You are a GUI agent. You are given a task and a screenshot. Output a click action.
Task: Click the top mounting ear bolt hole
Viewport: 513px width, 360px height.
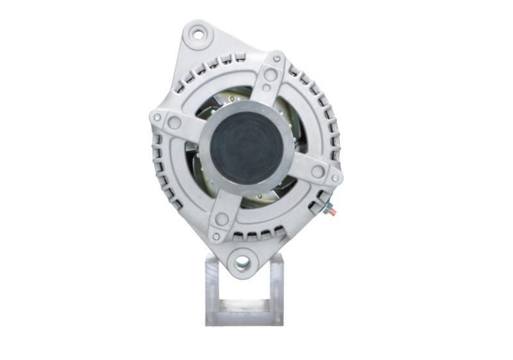tap(199, 34)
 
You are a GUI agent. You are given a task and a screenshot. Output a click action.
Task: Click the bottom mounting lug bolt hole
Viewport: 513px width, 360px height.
tap(242, 262)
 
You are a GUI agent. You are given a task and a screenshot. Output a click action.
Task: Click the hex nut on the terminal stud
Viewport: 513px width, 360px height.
tap(328, 207)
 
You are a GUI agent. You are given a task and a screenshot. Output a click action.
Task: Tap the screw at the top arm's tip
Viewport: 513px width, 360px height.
tap(276, 59)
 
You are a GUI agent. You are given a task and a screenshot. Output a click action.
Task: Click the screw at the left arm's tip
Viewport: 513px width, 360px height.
tap(156, 117)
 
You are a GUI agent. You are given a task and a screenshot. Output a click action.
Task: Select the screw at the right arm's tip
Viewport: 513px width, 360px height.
tap(334, 178)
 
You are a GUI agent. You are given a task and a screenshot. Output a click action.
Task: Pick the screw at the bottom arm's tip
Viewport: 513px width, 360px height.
tap(216, 236)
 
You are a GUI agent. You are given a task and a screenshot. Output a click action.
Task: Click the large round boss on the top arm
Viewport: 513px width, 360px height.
tap(271, 75)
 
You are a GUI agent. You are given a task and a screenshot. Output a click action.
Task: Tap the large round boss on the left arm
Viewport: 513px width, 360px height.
tap(174, 123)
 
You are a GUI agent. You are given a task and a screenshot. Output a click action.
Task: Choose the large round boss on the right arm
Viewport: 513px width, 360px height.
tap(317, 171)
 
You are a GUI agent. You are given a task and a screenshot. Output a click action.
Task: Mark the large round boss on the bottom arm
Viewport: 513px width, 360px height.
tap(222, 219)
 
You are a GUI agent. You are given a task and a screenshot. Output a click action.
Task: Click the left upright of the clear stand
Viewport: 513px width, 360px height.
tap(212, 289)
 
